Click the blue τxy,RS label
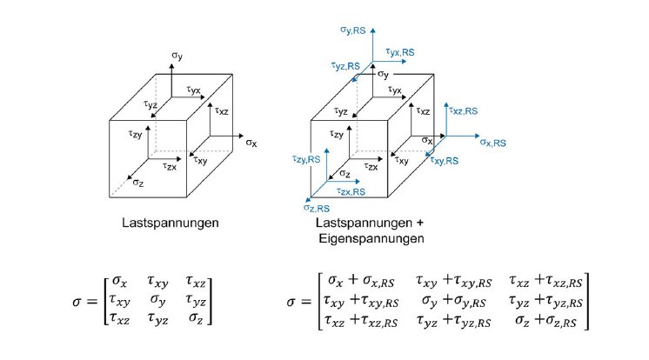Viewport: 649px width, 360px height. click(446, 162)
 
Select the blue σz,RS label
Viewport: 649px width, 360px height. click(317, 209)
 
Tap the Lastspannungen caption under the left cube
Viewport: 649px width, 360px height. click(170, 223)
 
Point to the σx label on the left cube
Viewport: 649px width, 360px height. click(251, 142)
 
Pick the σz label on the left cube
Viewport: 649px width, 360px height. click(138, 183)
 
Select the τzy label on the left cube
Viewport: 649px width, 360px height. click(135, 134)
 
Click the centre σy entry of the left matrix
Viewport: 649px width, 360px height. click(157, 300)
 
